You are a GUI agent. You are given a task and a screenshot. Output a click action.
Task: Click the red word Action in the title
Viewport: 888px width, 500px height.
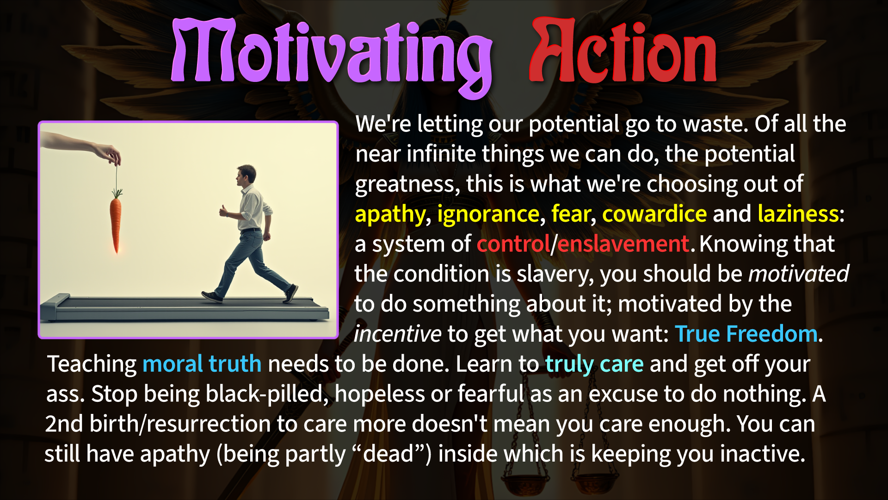pos(623,51)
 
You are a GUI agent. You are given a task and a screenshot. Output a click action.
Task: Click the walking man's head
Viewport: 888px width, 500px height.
pos(246,175)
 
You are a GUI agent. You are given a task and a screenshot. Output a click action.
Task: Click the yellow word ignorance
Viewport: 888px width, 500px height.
pos(488,214)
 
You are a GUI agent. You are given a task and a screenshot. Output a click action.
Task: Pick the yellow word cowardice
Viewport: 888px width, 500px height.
pos(654,214)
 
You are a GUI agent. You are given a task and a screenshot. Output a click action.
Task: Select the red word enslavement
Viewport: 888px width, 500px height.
pos(623,244)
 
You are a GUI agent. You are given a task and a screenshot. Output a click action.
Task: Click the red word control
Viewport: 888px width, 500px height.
pos(513,244)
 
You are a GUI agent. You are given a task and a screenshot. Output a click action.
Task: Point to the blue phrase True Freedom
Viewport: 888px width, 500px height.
pos(746,334)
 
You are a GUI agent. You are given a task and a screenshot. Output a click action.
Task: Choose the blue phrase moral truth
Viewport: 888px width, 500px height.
pos(202,364)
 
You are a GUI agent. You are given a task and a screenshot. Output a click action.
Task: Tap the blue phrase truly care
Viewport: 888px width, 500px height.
pos(594,364)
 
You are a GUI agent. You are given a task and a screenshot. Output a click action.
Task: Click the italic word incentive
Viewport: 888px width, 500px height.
pos(397,334)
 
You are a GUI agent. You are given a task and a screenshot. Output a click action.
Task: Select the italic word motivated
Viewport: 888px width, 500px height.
pos(799,274)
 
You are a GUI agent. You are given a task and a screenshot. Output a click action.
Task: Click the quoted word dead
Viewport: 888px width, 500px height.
pos(388,454)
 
